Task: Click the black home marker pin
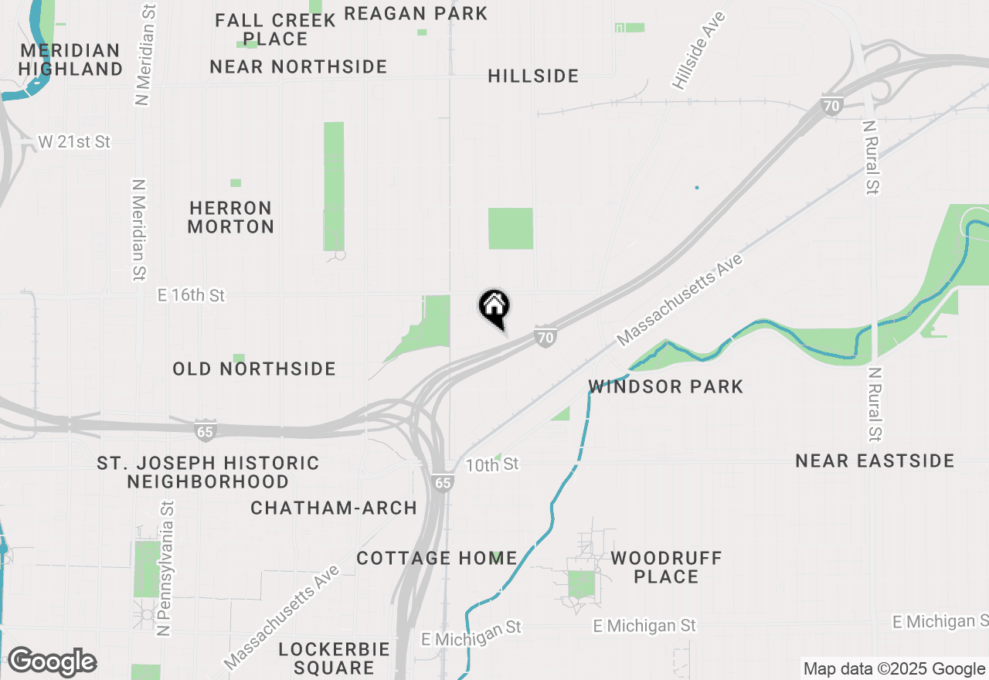tap(494, 308)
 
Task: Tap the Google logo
tap(52, 662)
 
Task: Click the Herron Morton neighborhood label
tap(230, 217)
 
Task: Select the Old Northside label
tap(254, 369)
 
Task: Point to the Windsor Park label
tap(665, 386)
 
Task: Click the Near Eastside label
tap(875, 461)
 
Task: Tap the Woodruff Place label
tap(666, 567)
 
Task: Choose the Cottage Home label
tap(437, 558)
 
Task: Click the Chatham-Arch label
tap(334, 508)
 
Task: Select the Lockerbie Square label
tap(334, 658)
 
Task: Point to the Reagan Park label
tap(416, 13)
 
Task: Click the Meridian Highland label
tap(70, 59)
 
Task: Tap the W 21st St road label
tap(75, 142)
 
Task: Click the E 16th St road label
tap(191, 295)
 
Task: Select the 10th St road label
tap(492, 464)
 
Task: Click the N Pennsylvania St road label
tap(165, 568)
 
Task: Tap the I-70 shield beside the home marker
tap(545, 337)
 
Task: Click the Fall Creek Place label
tap(276, 29)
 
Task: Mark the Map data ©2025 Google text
tap(893, 669)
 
